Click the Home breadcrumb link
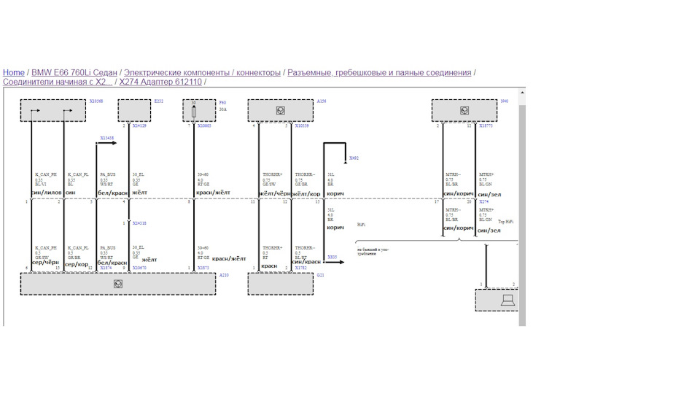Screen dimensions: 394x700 [13, 72]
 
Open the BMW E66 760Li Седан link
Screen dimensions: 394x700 [74, 72]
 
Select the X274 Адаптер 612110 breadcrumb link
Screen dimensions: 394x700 [160, 82]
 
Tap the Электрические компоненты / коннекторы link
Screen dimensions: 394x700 [202, 72]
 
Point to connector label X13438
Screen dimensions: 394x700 [106, 137]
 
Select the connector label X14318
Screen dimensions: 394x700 [139, 223]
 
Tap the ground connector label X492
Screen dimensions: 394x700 [354, 158]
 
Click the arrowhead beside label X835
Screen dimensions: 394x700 [342, 261]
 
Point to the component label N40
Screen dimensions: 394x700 [504, 101]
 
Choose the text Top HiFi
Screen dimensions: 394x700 [505, 221]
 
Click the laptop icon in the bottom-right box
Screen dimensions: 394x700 [507, 300]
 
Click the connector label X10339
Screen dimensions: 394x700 [301, 125]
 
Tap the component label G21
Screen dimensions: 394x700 [320, 275]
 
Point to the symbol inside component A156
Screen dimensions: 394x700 [280, 111]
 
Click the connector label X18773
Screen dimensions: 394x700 [486, 125]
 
